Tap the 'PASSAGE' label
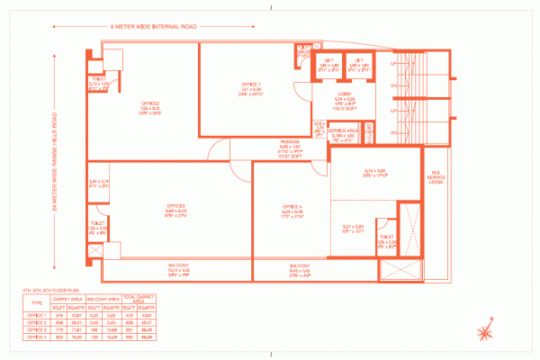pos(289,144)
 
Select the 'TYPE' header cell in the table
pos(37,303)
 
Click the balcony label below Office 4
pos(300,267)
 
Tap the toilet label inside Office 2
pos(97,80)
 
